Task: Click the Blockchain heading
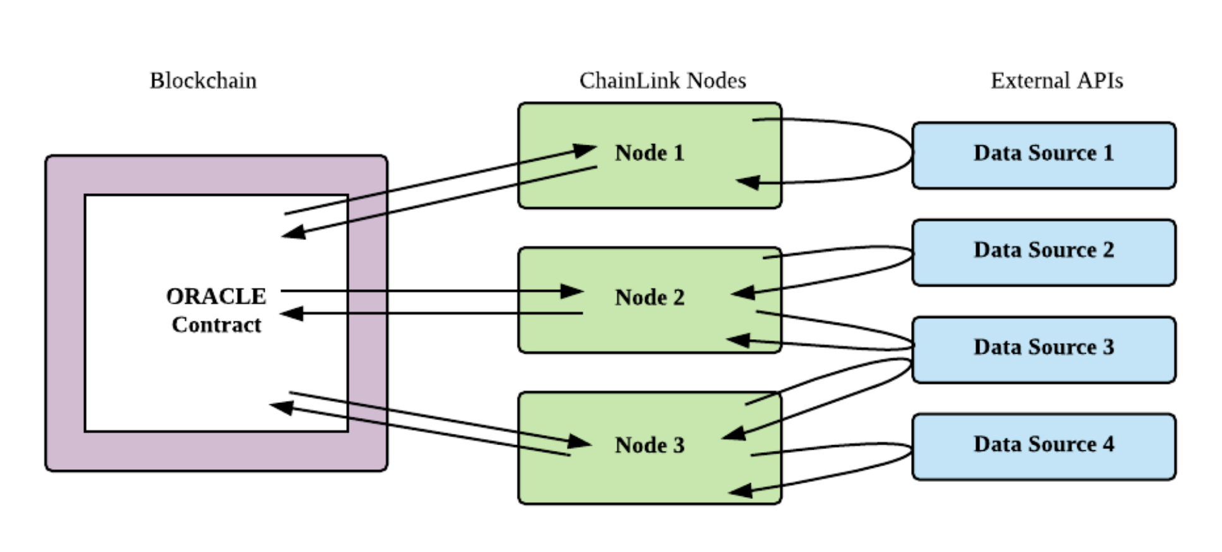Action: [x=203, y=81]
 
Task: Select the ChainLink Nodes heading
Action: [x=662, y=81]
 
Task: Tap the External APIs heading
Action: [x=1056, y=81]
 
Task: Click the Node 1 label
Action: [x=650, y=153]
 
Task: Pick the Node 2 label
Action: [x=650, y=297]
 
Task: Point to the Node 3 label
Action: [x=650, y=445]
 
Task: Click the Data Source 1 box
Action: [x=1044, y=155]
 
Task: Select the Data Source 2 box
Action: [x=1044, y=253]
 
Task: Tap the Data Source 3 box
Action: [x=1044, y=350]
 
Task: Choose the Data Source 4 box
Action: [x=1044, y=447]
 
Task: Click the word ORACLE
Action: [x=216, y=296]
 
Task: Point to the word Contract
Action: [x=216, y=325]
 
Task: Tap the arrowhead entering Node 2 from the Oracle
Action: [x=572, y=291]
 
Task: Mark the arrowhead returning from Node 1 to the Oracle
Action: [x=293, y=232]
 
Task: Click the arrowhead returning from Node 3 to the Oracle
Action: [x=281, y=407]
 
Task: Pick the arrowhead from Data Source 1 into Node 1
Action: [x=748, y=183]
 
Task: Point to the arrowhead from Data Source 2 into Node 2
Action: [x=742, y=292]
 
